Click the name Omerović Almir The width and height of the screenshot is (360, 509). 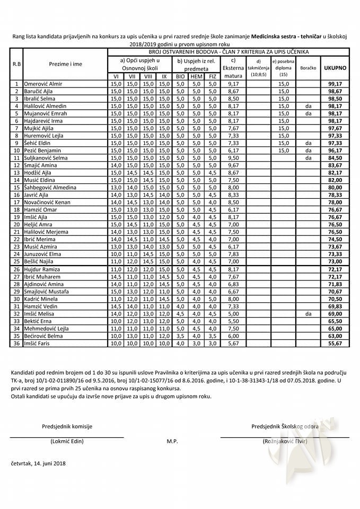pyautogui.click(x=43, y=84)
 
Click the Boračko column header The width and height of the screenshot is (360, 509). pyautogui.click(x=308, y=68)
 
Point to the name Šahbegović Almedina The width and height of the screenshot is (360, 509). pyautogui.click(x=50, y=187)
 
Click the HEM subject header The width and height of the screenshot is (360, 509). pyautogui.click(x=197, y=76)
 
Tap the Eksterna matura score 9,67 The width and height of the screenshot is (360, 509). pyautogui.click(x=233, y=165)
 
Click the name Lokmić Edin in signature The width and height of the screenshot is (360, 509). pyautogui.click(x=67, y=441)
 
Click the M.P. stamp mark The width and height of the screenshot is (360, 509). pyautogui.click(x=172, y=441)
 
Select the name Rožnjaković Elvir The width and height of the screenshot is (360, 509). pyautogui.click(x=285, y=441)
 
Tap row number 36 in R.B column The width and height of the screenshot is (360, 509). pyautogui.click(x=16, y=343)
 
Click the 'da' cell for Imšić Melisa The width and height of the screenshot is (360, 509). pyautogui.click(x=308, y=313)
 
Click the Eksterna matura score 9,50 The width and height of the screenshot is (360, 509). pyautogui.click(x=233, y=158)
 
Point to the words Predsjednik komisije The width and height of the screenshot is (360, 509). pyautogui.click(x=67, y=426)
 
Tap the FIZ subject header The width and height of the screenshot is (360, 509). pyautogui.click(x=213, y=76)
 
